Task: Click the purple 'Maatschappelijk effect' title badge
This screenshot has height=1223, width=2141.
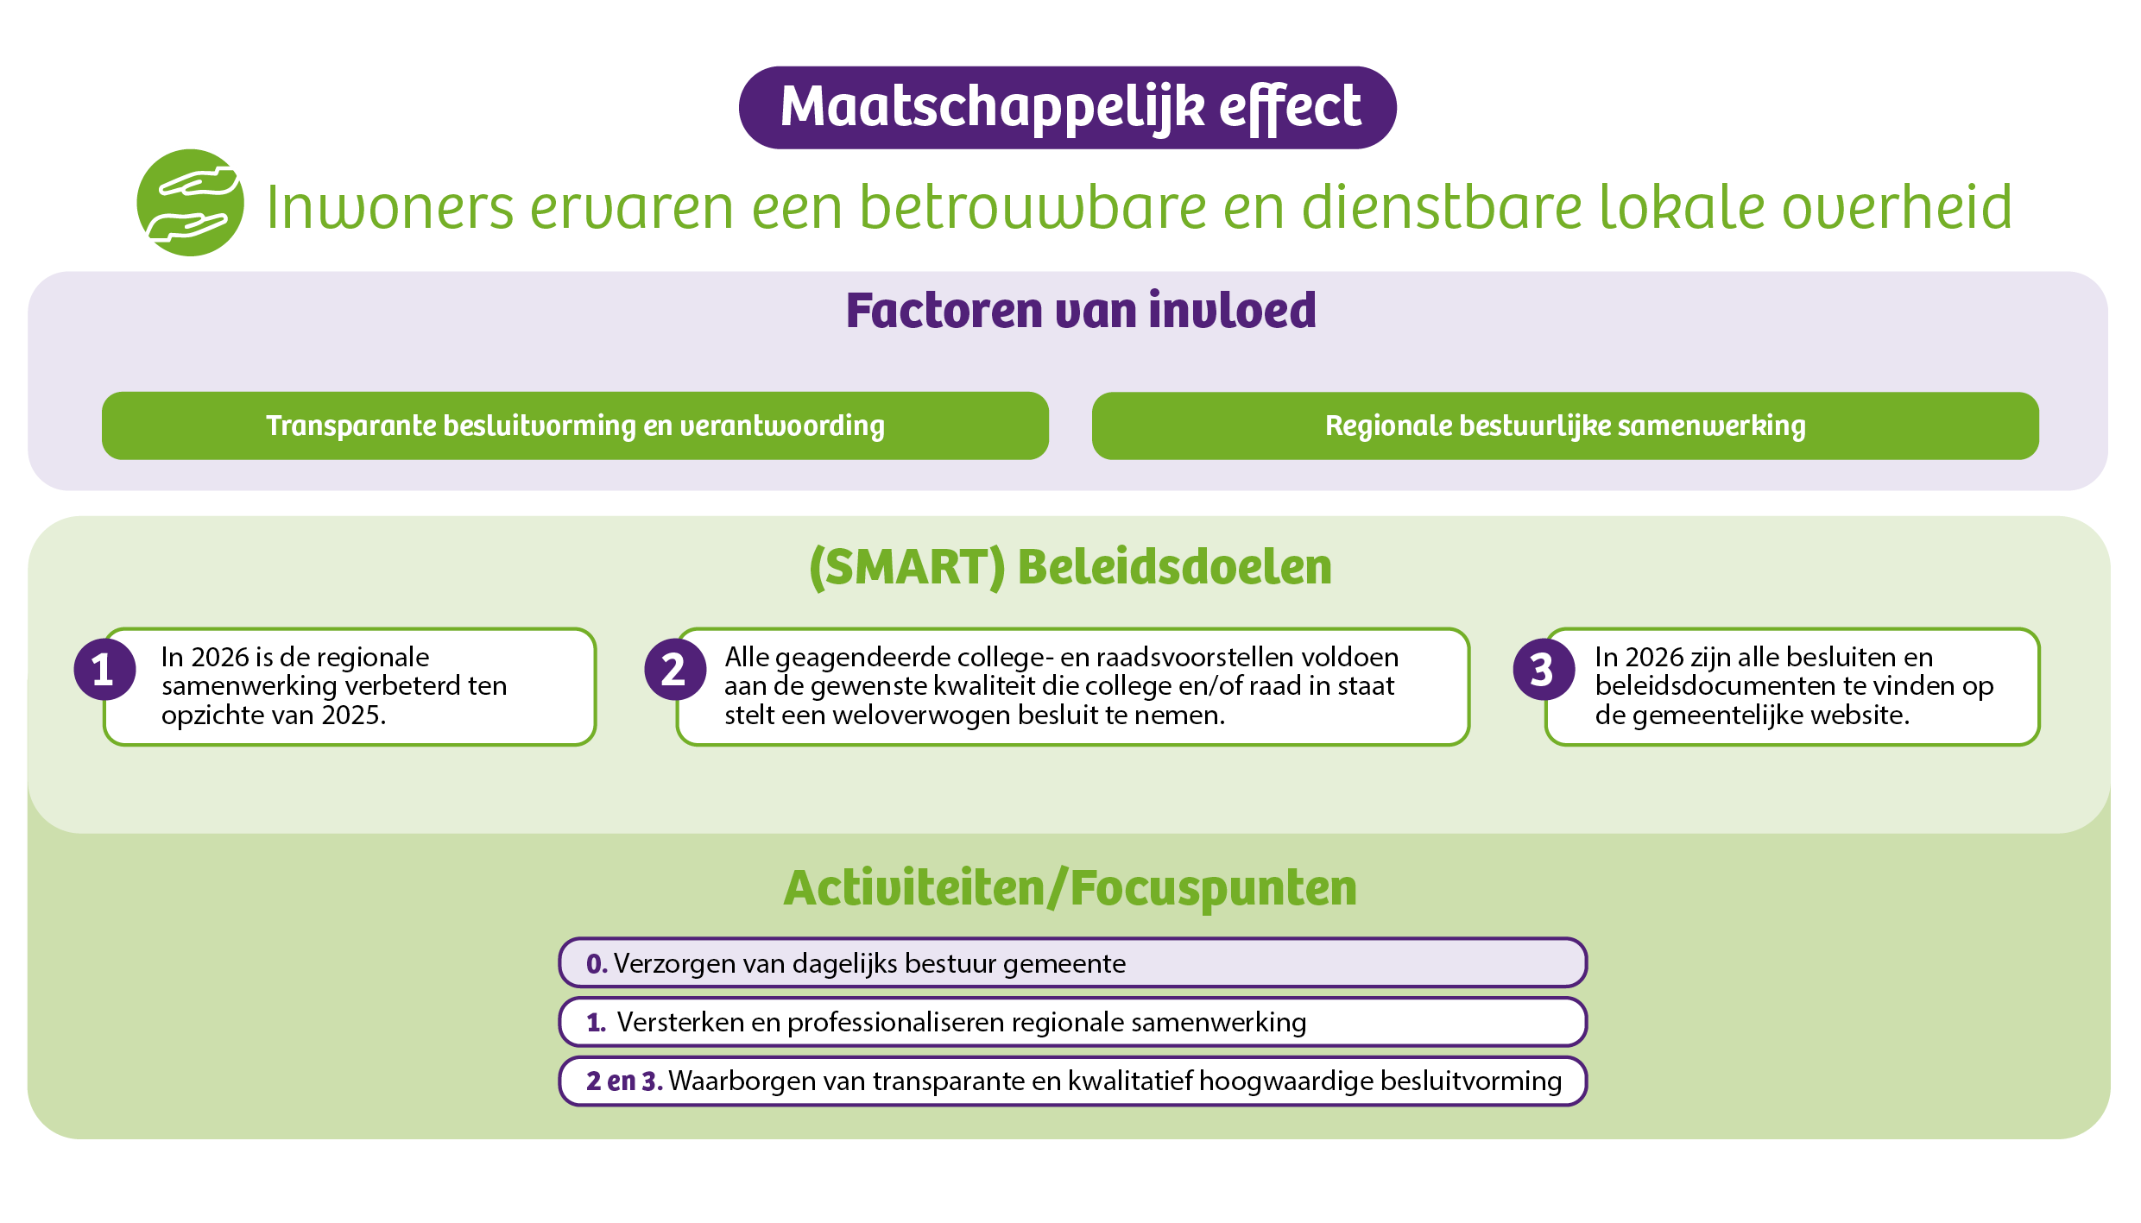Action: click(x=1067, y=108)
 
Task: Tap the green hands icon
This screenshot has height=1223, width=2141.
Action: click(x=191, y=203)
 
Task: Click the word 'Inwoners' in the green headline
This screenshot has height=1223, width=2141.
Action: click(x=390, y=208)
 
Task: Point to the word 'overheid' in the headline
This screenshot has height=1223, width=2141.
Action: click(x=1897, y=207)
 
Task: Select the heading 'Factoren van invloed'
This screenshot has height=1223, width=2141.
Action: click(x=1081, y=311)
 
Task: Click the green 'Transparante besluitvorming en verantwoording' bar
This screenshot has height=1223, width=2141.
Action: click(x=575, y=426)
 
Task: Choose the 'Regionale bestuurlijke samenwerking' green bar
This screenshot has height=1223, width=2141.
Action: click(x=1565, y=426)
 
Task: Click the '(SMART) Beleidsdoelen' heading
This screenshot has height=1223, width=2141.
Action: click(x=1070, y=567)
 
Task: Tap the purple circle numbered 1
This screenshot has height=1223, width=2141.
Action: click(x=104, y=669)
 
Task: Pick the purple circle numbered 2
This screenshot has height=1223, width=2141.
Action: click(x=675, y=669)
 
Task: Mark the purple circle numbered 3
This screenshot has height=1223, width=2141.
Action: click(x=1544, y=669)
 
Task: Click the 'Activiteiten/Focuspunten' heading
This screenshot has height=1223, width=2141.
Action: click(x=1070, y=889)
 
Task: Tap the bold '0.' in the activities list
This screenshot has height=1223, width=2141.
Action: click(x=597, y=964)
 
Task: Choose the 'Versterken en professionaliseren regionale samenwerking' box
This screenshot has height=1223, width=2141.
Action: click(x=1072, y=1022)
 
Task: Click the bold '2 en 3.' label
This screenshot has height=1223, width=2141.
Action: click(x=624, y=1081)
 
